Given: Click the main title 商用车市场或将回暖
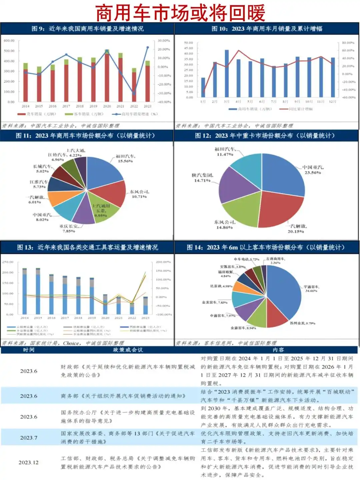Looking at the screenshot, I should point(180,13).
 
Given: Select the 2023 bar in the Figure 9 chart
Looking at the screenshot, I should point(147,83).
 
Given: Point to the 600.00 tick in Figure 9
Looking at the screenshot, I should point(9,41).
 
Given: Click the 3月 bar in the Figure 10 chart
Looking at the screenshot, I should point(227,73).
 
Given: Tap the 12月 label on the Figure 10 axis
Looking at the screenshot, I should point(332,101).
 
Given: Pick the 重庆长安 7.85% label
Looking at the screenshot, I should point(69,228).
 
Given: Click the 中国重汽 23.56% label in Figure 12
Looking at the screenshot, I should point(313,170).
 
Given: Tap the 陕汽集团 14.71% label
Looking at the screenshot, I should point(202,178).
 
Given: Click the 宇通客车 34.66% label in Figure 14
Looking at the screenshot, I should point(311,289).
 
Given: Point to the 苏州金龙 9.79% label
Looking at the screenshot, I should point(302,323).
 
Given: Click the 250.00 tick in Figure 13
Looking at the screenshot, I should point(8,262).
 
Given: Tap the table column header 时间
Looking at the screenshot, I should point(29,350).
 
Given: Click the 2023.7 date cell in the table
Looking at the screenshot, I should point(29,438).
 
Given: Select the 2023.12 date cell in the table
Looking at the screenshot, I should point(29,462).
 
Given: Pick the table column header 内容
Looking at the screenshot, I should point(278,350).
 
